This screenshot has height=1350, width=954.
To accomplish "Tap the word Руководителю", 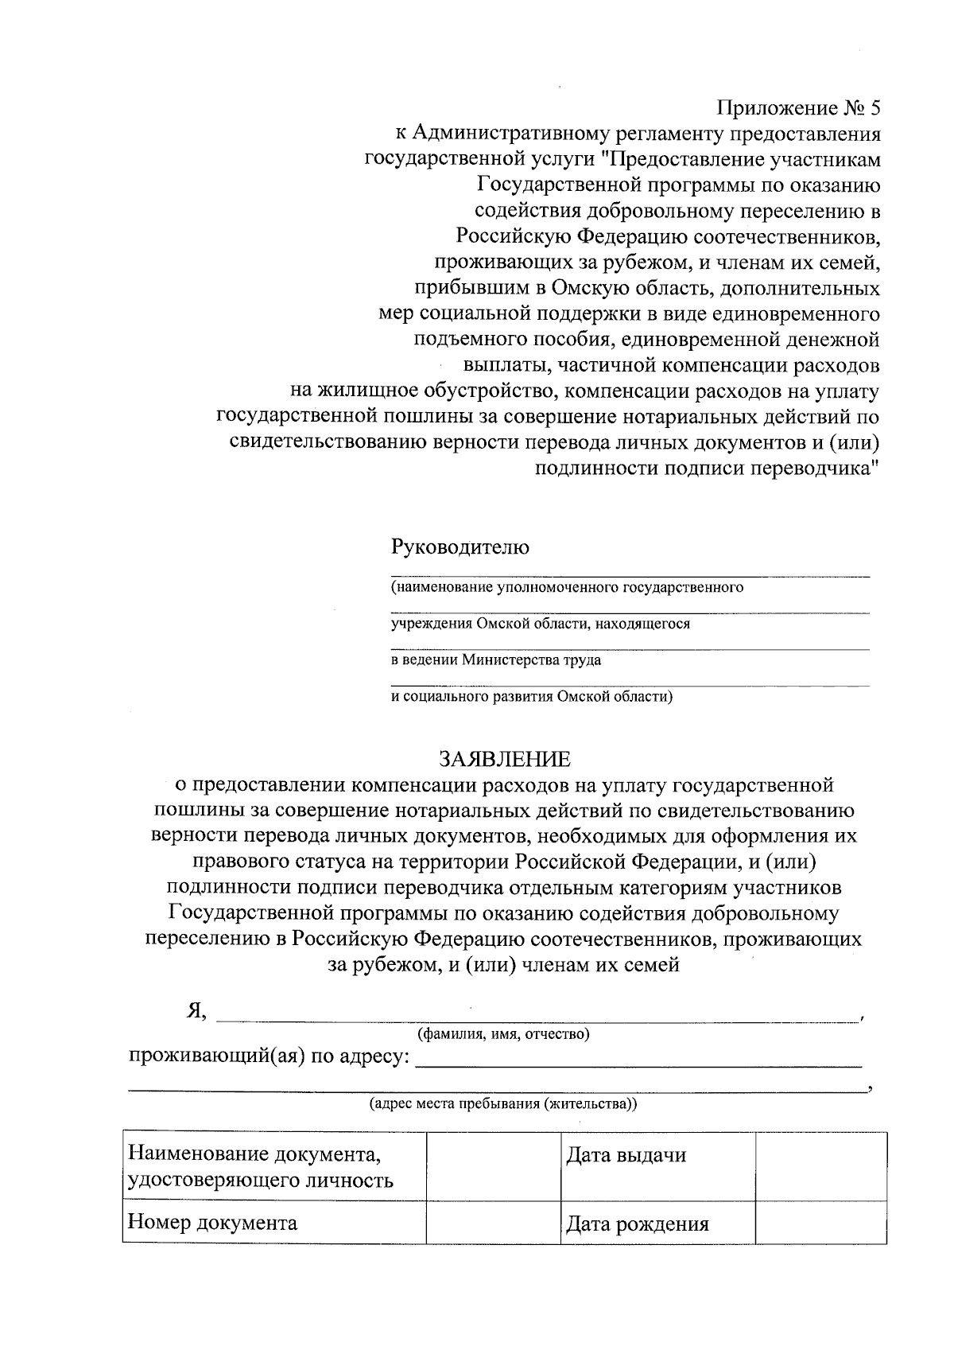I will (x=460, y=547).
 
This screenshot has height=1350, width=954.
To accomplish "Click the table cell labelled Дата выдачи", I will (x=626, y=1155).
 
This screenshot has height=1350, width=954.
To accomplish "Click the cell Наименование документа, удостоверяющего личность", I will (x=261, y=1166).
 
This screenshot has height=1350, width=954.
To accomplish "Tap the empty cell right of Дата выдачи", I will (x=820, y=1166).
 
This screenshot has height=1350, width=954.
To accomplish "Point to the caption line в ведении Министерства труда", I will (x=495, y=660).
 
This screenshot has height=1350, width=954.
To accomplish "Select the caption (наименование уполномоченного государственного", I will (x=567, y=588).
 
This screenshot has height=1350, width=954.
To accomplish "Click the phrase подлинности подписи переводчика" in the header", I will (x=708, y=469).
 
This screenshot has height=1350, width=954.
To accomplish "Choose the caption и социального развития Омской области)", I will (x=532, y=697).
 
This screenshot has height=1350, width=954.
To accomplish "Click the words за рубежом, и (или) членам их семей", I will (x=503, y=965).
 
